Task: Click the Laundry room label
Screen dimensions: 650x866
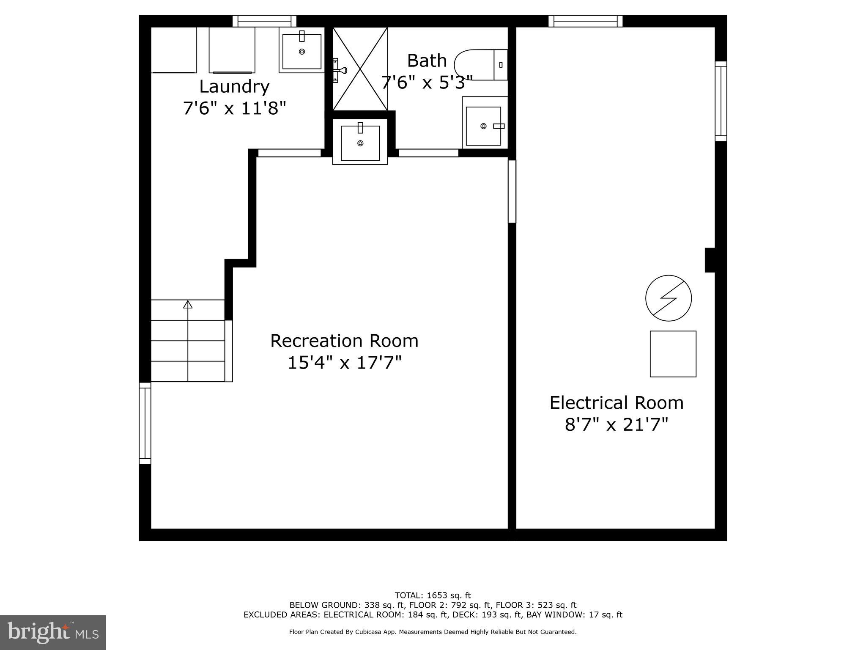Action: [234, 87]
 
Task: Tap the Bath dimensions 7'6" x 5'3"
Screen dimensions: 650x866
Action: [426, 83]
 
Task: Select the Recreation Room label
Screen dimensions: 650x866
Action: [344, 341]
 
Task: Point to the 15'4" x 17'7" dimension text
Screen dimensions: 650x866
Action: [344, 363]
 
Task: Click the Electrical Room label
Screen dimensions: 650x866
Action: [616, 403]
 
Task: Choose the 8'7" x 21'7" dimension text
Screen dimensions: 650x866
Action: [616, 424]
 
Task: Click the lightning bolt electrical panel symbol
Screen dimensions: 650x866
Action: [668, 298]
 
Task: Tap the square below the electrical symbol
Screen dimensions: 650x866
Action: [673, 354]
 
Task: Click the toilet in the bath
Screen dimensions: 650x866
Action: [480, 65]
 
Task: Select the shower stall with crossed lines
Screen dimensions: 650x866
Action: [360, 69]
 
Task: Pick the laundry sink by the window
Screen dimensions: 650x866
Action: [301, 51]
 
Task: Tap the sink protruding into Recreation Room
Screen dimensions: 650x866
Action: [360, 143]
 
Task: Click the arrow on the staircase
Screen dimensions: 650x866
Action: [188, 304]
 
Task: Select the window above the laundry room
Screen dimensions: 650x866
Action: [264, 21]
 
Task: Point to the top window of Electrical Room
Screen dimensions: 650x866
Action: [585, 21]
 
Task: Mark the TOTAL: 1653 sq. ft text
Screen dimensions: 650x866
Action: [433, 595]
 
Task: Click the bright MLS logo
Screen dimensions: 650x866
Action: [52, 632]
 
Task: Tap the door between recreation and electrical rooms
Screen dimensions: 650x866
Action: [512, 191]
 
